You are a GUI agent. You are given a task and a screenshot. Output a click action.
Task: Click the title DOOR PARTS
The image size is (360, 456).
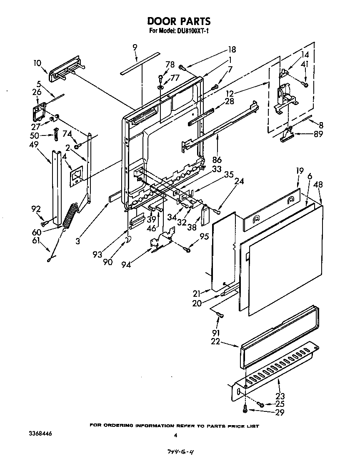pyautogui.click(x=179, y=21)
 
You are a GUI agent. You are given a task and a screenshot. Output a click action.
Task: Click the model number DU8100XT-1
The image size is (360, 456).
pyautogui.click(x=193, y=31)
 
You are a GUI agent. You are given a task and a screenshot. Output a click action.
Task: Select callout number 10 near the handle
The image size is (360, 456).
pyautogui.click(x=37, y=63)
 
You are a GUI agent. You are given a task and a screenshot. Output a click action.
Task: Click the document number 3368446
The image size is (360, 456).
pyautogui.click(x=41, y=434)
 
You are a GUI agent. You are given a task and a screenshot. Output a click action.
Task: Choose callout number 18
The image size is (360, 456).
pyautogui.click(x=231, y=50)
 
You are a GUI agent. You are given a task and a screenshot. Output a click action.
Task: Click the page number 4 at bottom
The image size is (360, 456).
pyautogui.click(x=176, y=436)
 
